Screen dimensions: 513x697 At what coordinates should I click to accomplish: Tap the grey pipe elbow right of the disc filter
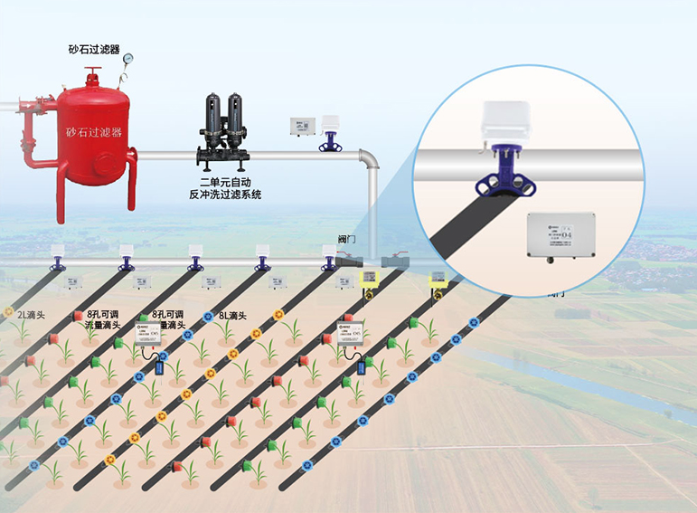click(x=369, y=160)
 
